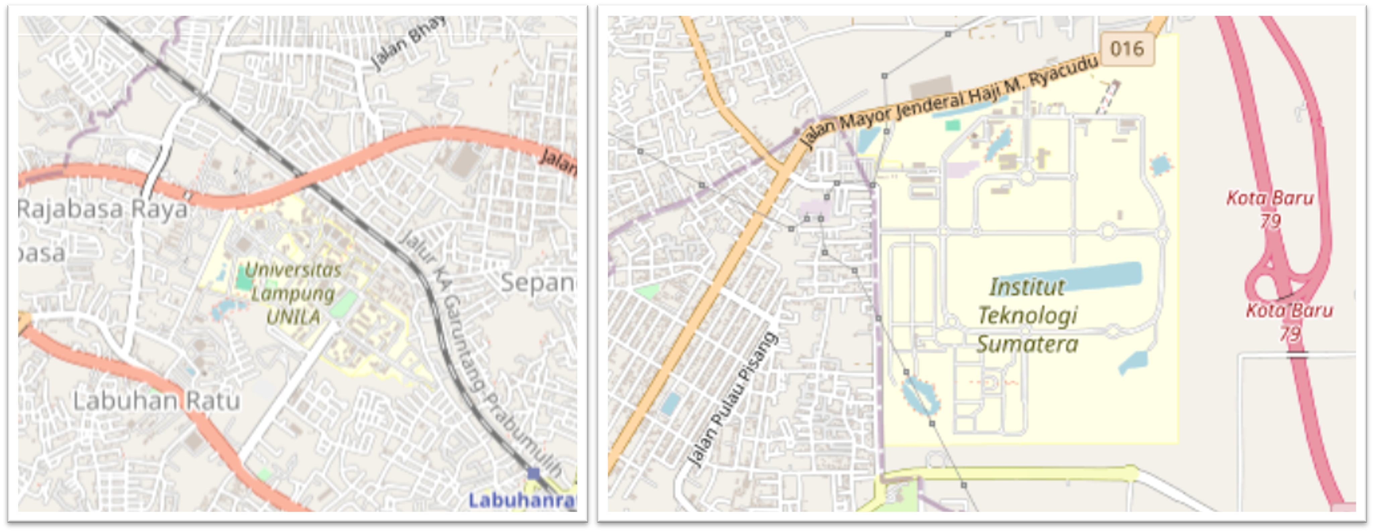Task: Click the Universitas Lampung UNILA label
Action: pos(293,293)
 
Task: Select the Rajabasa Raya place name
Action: pos(103,209)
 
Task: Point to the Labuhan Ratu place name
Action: pos(156,401)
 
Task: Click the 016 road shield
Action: pos(1127,49)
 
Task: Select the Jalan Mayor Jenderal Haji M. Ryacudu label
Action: pos(949,101)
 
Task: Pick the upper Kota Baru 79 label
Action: pos(1269,209)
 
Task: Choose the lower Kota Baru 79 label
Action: pos(1289,321)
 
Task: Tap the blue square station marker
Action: pos(533,473)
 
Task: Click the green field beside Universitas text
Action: pos(244,279)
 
